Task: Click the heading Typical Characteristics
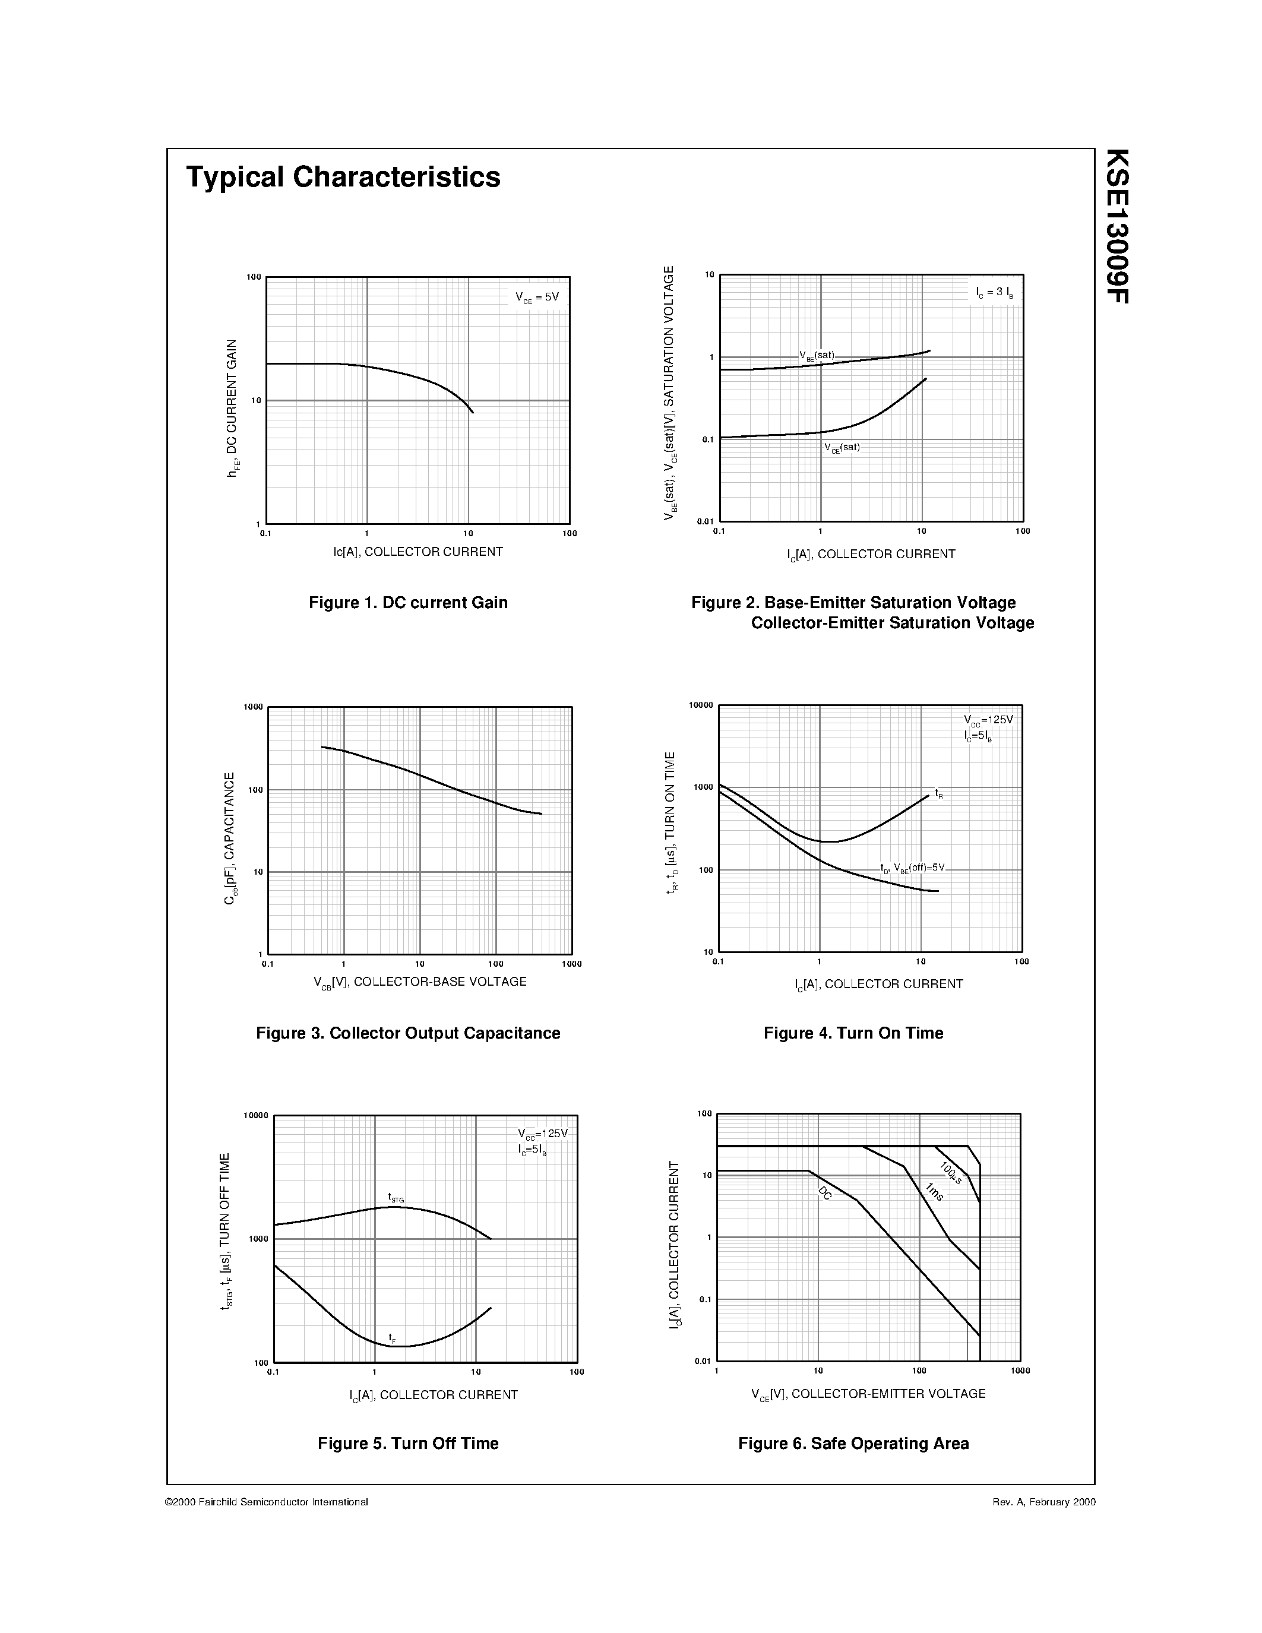point(343,177)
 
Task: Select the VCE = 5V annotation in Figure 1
point(536,297)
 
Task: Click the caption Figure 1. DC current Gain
point(407,603)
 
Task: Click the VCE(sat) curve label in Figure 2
point(842,448)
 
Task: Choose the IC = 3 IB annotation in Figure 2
point(994,292)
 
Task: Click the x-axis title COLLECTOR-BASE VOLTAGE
point(419,982)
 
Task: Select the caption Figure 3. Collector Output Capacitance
point(407,1033)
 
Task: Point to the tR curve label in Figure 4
point(939,793)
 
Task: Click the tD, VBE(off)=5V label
point(912,868)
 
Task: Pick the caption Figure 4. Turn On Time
point(853,1033)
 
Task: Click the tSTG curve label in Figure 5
point(396,1198)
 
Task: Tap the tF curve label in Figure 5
point(392,1337)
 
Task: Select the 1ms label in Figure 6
point(934,1192)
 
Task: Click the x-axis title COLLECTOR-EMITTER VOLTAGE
point(868,1394)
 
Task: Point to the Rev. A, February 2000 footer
point(1043,1502)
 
